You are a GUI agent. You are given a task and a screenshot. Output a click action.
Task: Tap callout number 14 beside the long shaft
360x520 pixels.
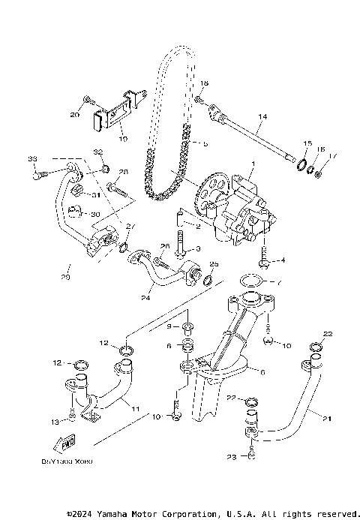click(262, 116)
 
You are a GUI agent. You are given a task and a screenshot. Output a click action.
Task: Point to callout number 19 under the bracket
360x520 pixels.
click(124, 140)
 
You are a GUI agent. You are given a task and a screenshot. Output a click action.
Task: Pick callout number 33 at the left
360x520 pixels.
click(32, 159)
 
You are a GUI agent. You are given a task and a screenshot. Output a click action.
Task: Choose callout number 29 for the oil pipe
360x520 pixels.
click(65, 278)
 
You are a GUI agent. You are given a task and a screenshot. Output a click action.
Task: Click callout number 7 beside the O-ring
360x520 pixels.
click(279, 284)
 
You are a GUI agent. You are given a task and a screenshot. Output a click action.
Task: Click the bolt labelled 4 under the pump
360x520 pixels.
click(265, 263)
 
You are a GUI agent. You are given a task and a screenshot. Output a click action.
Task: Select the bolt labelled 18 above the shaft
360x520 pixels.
click(199, 98)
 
